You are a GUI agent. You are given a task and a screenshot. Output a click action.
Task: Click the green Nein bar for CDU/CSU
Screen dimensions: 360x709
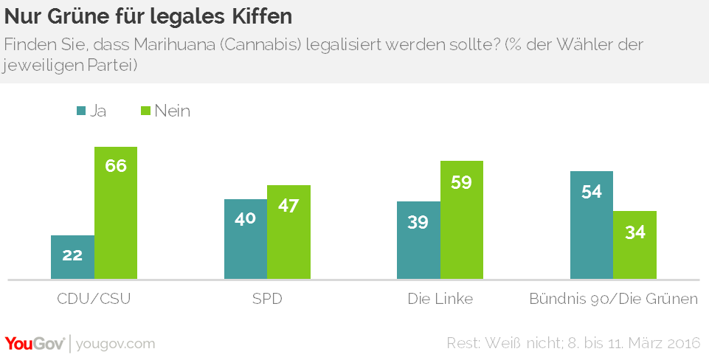(x=116, y=213)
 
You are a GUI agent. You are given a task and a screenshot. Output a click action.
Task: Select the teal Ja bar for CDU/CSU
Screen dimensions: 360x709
(x=72, y=257)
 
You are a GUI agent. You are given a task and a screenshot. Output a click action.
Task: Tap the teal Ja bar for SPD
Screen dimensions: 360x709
(x=245, y=239)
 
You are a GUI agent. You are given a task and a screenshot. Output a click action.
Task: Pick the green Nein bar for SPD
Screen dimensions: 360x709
(x=288, y=232)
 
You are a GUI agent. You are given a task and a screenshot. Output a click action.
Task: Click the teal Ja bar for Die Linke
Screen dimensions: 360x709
(x=418, y=240)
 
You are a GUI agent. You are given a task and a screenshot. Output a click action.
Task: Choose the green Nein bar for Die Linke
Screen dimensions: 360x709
(x=462, y=220)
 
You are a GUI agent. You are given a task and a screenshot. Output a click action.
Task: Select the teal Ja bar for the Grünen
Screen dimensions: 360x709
(x=592, y=225)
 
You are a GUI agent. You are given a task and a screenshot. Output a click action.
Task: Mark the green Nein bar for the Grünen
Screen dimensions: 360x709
(x=635, y=245)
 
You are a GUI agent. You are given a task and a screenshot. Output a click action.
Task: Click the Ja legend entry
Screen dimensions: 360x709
(x=91, y=111)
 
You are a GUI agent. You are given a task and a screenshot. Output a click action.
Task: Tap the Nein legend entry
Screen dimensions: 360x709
(x=165, y=111)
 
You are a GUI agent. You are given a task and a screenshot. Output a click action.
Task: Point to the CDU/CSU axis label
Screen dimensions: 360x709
(x=94, y=300)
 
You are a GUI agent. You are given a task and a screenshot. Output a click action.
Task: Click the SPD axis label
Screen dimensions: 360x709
(x=267, y=300)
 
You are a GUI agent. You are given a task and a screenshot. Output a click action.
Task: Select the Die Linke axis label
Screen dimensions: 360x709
(x=440, y=300)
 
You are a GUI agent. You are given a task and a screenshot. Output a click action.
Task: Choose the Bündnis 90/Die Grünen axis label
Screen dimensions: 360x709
(x=614, y=300)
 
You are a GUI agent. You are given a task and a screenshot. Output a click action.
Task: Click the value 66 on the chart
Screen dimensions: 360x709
(x=116, y=165)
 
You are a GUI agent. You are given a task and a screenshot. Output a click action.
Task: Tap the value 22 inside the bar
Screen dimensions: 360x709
(x=72, y=255)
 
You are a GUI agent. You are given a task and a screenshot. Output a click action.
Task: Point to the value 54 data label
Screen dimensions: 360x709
(x=592, y=192)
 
